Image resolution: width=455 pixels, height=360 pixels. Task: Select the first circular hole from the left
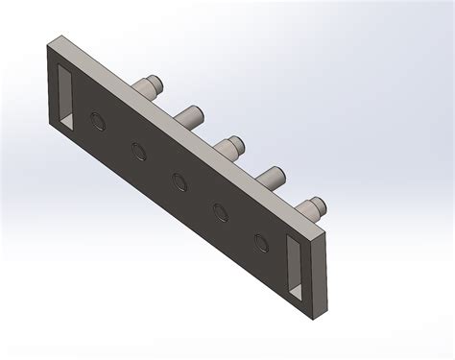[97, 120]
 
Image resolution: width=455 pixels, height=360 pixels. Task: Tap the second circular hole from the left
[137, 150]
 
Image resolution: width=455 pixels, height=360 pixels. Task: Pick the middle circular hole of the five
[179, 180]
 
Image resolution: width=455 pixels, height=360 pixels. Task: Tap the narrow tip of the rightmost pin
[320, 203]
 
